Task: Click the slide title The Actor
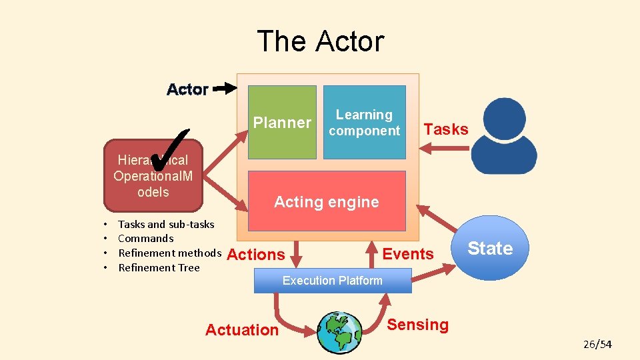pos(320,41)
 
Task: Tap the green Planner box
pos(282,122)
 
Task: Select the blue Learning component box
pos(364,123)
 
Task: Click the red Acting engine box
pos(327,201)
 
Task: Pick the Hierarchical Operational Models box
pos(153,176)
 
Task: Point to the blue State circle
pos(490,249)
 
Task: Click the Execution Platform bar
pos(333,281)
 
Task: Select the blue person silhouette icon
pos(505,137)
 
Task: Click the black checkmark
pos(175,150)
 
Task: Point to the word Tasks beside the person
pos(446,129)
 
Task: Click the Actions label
pos(256,255)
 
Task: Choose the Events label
pos(408,254)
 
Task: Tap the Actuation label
pos(242,330)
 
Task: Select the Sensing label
pos(418,325)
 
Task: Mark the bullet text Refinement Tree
pos(159,268)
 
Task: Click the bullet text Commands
pos(145,239)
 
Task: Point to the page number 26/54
pos(597,345)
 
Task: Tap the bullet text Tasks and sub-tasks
pos(166,224)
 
